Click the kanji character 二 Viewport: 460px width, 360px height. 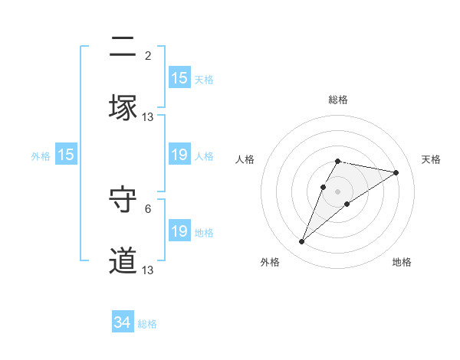(x=123, y=47)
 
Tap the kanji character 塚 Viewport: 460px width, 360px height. (x=123, y=108)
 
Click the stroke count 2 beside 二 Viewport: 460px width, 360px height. (x=148, y=55)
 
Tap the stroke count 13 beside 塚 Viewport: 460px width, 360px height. (x=148, y=116)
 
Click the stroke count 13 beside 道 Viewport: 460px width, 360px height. (x=148, y=270)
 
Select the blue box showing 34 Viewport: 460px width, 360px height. (x=123, y=322)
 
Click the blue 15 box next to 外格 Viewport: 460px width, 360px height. (x=66, y=155)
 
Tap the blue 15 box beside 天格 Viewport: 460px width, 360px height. (x=179, y=78)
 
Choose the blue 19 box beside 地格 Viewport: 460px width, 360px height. (x=179, y=231)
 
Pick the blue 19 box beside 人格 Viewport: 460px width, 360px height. (x=179, y=155)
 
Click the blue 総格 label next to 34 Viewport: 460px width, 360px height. (x=147, y=324)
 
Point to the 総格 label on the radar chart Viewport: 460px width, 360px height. (x=338, y=100)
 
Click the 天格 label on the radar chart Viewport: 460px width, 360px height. (x=432, y=159)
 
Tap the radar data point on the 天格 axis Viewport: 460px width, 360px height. (x=396, y=172)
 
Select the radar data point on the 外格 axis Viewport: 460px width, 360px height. (x=302, y=242)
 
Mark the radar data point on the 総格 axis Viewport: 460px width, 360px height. (x=338, y=161)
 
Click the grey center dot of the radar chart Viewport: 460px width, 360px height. (x=338, y=191)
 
